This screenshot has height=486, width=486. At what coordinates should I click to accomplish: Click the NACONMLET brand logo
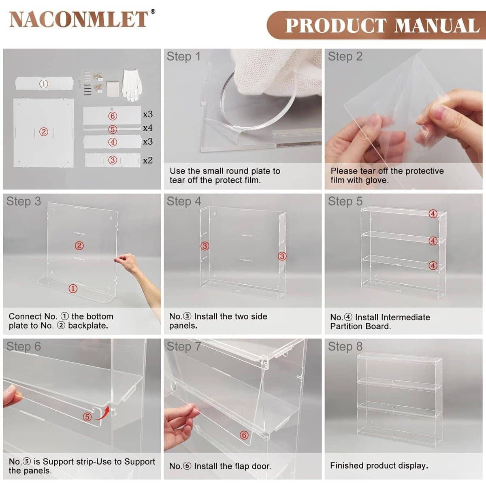(x=79, y=19)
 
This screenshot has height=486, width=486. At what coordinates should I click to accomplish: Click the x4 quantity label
(x=148, y=128)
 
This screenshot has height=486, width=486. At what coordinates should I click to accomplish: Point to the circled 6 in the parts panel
(x=113, y=116)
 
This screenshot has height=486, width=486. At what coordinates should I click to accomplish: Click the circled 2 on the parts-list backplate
(x=43, y=132)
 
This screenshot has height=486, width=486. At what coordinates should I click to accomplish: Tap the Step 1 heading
(x=183, y=57)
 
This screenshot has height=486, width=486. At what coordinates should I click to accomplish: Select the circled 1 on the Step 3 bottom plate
(x=73, y=288)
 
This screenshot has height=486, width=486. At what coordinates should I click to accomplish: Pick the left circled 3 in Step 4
(x=205, y=246)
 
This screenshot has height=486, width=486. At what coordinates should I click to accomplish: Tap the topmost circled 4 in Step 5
(x=433, y=214)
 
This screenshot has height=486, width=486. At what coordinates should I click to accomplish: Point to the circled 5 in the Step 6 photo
(x=87, y=417)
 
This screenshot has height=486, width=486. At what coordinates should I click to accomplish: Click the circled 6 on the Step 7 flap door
(x=243, y=435)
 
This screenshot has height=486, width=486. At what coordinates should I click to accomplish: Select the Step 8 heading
(x=345, y=347)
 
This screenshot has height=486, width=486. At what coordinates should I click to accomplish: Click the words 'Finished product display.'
(x=379, y=466)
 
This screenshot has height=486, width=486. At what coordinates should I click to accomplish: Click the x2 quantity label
(x=148, y=160)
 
